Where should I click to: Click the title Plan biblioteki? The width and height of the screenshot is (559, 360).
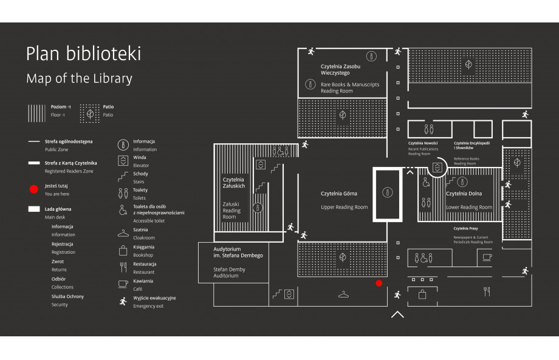point(83,53)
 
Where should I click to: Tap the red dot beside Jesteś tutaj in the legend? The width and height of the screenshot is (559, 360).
point(34,189)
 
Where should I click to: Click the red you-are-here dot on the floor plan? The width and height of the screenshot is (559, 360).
point(379,283)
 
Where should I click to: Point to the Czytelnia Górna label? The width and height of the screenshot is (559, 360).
point(338,194)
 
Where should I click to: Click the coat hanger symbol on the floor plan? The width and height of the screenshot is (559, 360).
point(343,294)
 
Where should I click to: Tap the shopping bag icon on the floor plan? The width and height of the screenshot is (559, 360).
point(422,294)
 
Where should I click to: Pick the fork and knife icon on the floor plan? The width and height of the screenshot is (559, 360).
point(487,291)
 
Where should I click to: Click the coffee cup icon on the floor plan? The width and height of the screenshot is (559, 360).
point(487,257)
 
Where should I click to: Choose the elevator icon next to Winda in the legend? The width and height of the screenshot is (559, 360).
point(123,161)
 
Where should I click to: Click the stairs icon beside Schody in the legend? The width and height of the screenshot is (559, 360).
point(123,177)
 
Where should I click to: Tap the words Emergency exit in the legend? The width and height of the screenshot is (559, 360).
point(148,306)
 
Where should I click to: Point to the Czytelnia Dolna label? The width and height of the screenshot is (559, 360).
point(464,194)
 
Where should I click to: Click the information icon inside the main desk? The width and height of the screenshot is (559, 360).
point(388,192)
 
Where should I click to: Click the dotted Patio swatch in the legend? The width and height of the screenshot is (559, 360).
point(90,114)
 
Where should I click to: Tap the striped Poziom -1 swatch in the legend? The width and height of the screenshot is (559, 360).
point(36,114)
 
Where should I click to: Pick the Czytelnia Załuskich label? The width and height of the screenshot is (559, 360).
point(234,183)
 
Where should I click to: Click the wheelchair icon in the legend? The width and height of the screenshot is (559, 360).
point(123,210)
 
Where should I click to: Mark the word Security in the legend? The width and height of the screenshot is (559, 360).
point(60,305)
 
